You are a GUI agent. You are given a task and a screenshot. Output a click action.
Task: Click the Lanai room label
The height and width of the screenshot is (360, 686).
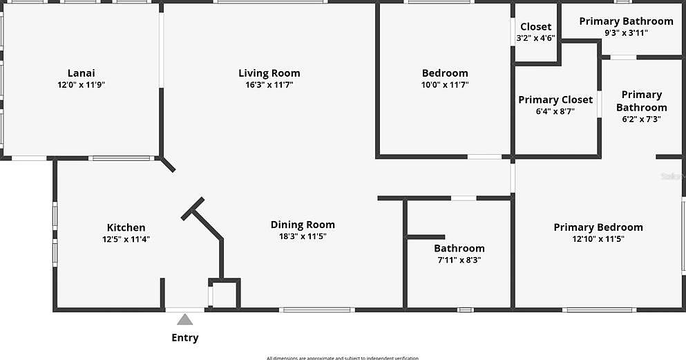tap(81, 73)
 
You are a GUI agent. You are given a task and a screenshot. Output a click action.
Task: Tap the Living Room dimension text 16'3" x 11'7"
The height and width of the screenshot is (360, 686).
tap(269, 85)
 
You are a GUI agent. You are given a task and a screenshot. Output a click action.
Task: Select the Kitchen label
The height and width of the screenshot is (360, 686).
tap(126, 227)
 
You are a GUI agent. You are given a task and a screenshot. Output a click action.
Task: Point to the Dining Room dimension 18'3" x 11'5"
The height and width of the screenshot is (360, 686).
tap(303, 236)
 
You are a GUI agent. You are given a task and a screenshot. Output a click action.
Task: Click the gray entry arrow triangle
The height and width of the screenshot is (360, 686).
tap(184, 319)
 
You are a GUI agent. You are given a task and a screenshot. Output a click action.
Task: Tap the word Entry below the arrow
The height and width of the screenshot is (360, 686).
tap(184, 338)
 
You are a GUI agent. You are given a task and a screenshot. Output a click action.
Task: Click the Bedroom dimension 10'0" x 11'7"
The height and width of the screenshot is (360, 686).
tap(445, 85)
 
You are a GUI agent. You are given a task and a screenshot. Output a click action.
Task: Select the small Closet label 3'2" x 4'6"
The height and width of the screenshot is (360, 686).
tap(536, 38)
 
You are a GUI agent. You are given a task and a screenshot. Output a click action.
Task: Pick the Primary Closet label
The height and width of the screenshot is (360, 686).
tap(555, 100)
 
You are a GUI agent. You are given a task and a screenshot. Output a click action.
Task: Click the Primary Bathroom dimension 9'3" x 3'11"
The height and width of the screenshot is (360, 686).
tap(626, 32)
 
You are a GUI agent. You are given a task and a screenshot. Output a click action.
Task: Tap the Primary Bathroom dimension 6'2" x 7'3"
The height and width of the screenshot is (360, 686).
tap(641, 119)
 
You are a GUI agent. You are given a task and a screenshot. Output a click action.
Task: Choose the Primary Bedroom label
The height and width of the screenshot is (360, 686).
tap(598, 227)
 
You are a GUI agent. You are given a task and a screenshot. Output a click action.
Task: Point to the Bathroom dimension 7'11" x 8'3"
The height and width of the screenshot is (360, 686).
tap(459, 260)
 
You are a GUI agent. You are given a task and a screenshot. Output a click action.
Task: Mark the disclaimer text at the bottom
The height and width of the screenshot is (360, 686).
tap(343, 357)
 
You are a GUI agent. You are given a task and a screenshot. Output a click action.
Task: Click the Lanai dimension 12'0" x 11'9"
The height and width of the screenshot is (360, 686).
tap(81, 85)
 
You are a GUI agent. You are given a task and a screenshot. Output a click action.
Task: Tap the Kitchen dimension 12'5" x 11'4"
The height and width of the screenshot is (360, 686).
tap(126, 239)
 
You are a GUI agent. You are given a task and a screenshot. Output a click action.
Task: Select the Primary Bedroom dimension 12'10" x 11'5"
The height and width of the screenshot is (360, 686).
tap(598, 239)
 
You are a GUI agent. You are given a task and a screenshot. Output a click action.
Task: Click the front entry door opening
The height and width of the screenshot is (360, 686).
tap(185, 309)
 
